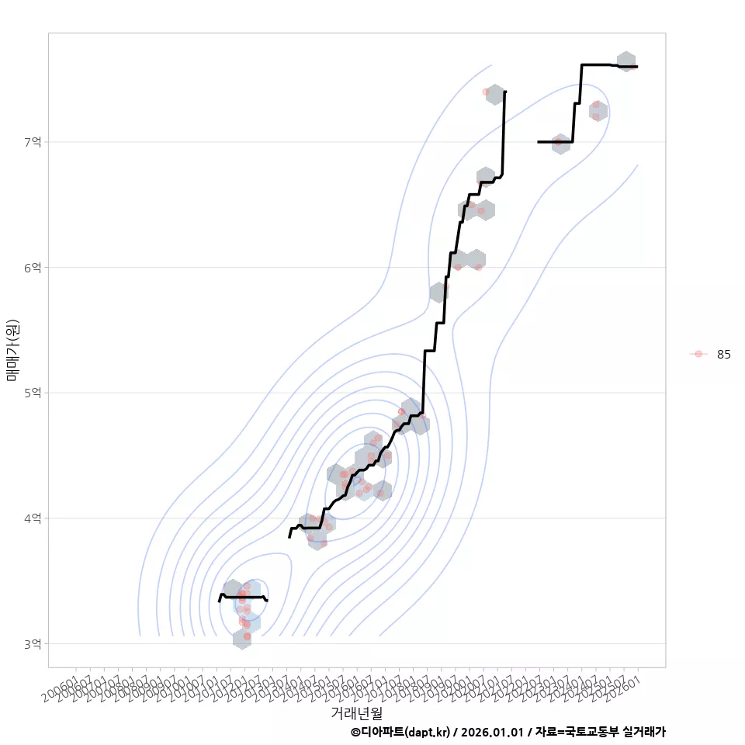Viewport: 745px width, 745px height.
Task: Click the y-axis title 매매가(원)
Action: (12, 349)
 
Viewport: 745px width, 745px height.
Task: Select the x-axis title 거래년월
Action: (356, 712)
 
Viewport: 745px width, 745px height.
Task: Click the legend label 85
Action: (723, 354)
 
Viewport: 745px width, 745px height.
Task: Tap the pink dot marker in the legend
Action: (698, 354)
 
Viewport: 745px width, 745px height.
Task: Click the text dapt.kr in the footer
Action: (426, 732)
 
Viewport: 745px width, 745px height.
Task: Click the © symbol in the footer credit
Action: (355, 732)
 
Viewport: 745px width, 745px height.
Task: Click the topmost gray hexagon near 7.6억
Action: (626, 61)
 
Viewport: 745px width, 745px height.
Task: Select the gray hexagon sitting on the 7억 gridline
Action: (561, 144)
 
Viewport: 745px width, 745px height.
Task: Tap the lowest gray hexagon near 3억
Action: (242, 639)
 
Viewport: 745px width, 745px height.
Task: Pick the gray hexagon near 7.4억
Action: (494, 95)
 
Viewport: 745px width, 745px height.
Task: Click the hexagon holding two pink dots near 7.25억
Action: (597, 111)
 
